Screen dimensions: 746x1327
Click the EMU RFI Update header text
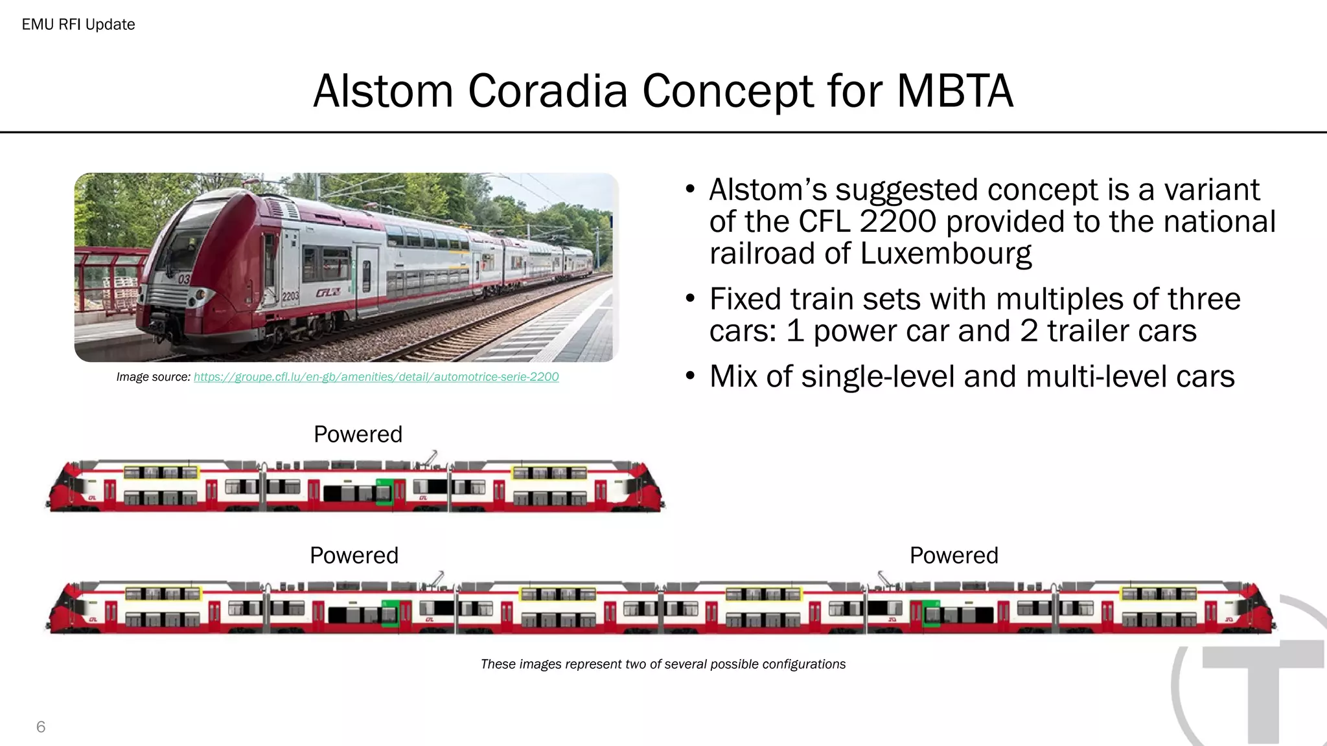coord(78,25)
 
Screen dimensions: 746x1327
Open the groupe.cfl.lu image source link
coord(376,377)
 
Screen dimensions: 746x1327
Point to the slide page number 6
coord(41,727)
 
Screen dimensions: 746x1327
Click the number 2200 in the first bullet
coord(897,221)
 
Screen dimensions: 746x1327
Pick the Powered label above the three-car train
coord(358,434)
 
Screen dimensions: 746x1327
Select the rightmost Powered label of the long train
coord(954,556)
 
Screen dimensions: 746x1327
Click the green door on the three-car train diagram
coord(384,492)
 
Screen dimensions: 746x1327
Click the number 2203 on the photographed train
coord(290,296)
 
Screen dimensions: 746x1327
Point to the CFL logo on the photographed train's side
coord(328,293)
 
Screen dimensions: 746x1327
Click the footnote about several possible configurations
coord(663,664)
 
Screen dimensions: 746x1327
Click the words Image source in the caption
coord(153,377)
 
